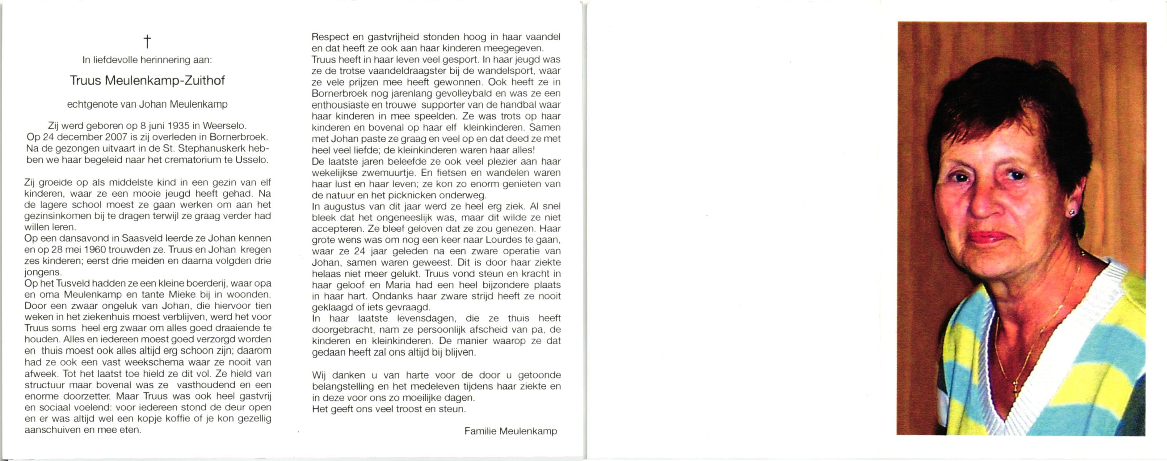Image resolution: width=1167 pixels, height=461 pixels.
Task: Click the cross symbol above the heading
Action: [x=147, y=41]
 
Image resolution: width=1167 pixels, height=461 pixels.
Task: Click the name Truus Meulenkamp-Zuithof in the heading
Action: [x=147, y=81]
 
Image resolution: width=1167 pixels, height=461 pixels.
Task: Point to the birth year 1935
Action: [x=177, y=126]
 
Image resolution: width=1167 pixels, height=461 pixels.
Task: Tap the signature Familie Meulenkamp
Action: [x=511, y=431]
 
